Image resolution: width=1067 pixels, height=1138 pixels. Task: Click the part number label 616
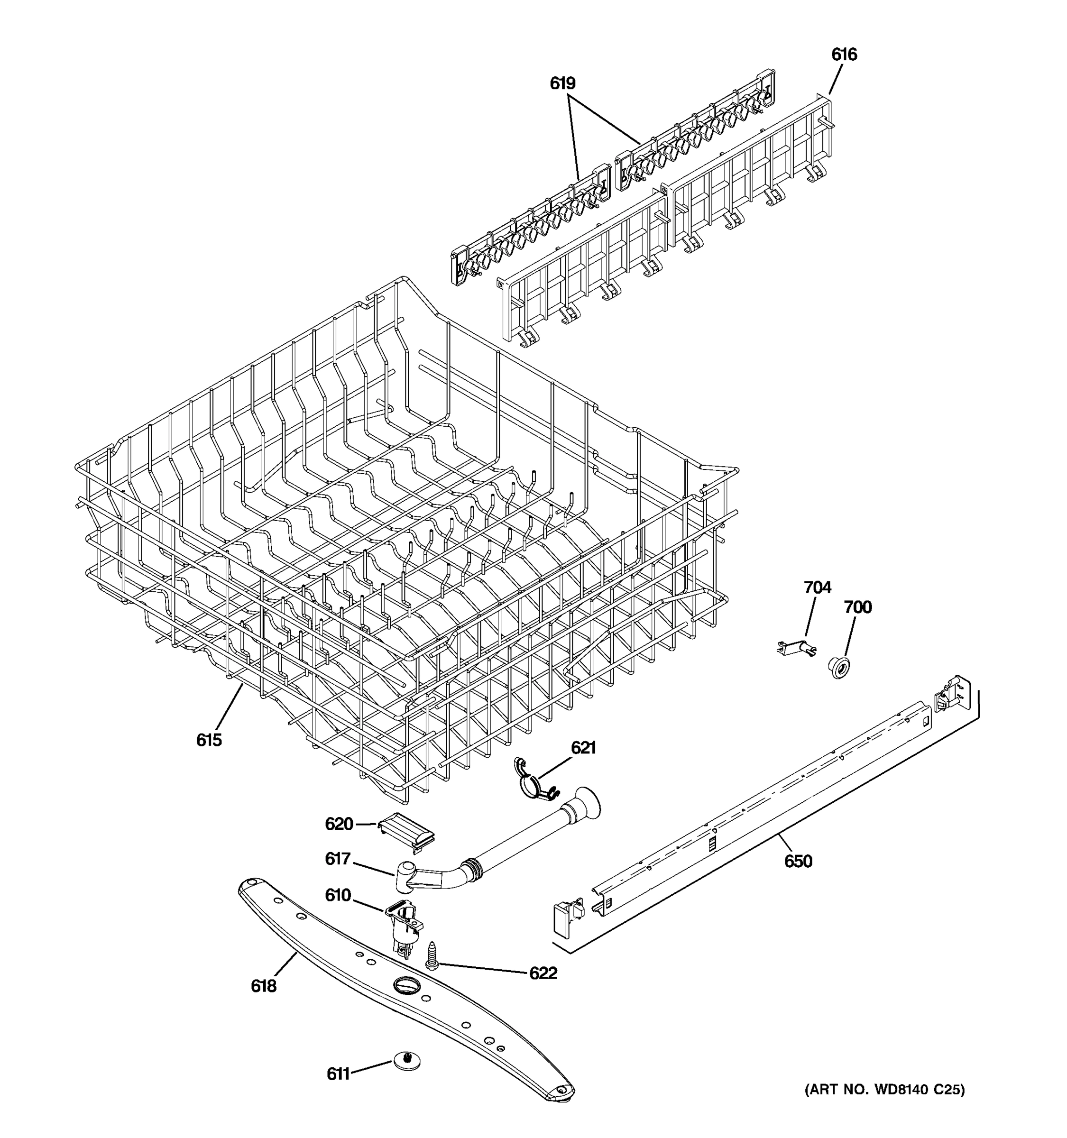[844, 55]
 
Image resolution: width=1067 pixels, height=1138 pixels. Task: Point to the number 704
[817, 587]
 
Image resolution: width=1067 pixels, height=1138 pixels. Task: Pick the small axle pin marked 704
[796, 648]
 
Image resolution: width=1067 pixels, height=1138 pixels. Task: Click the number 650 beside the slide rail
[798, 861]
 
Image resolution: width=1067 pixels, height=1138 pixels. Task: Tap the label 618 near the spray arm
[263, 986]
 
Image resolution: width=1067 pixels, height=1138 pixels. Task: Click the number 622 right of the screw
[542, 973]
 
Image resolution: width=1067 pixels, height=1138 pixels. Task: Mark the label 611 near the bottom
[338, 1074]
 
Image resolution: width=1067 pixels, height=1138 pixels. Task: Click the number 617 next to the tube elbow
[337, 859]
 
